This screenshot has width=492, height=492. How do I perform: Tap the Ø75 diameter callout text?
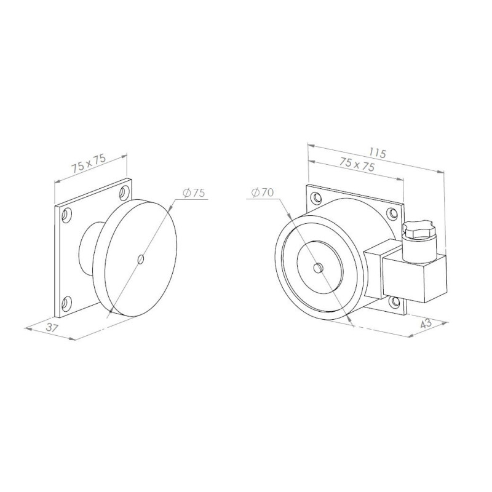tap(193, 192)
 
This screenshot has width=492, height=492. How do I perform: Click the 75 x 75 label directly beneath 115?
tap(357, 165)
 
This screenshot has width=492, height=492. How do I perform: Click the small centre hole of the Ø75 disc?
tap(141, 259)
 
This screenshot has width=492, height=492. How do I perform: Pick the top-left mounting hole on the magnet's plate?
tap(317, 198)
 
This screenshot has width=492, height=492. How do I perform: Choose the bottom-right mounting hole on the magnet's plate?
tap(394, 301)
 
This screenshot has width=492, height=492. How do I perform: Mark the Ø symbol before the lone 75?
tap(186, 192)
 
